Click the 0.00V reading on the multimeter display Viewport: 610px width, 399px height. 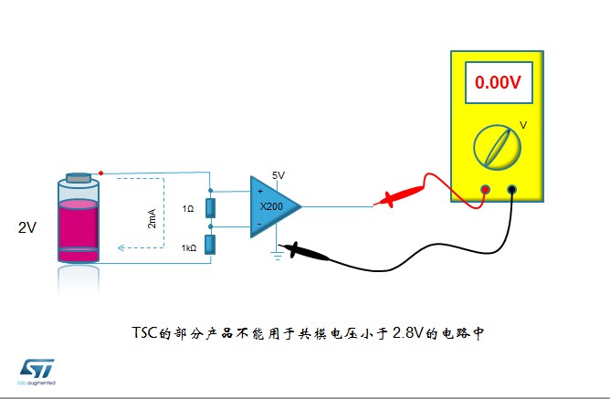click(498, 82)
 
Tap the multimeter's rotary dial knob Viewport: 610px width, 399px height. click(497, 147)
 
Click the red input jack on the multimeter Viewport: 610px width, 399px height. click(485, 189)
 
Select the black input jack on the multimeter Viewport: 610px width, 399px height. click(512, 189)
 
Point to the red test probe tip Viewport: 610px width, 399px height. click(374, 204)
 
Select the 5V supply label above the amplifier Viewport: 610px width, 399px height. click(279, 175)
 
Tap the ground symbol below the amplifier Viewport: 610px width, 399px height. click(277, 256)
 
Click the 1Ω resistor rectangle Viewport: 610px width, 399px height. click(210, 208)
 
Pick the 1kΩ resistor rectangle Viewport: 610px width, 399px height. click(210, 245)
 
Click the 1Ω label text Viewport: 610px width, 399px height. click(188, 209)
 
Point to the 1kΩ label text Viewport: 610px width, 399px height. click(189, 247)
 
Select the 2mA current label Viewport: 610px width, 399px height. click(152, 218)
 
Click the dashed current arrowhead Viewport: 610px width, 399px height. click(121, 247)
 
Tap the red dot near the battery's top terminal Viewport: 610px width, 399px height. click(101, 173)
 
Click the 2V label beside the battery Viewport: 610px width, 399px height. click(27, 227)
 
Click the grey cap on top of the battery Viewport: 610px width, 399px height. click(79, 178)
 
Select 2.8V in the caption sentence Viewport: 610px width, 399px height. click(407, 333)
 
